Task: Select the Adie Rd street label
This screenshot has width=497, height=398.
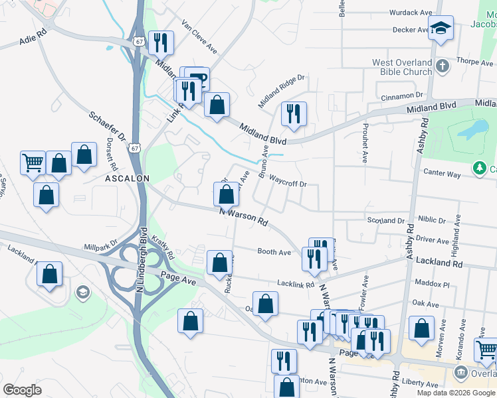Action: pos(33,40)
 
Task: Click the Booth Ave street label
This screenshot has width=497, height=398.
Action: pos(274,252)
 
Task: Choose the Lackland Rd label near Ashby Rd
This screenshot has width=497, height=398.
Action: pos(439,263)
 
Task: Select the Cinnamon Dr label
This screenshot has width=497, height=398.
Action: pos(403,96)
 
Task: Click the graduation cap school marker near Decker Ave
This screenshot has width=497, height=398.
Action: pos(440,28)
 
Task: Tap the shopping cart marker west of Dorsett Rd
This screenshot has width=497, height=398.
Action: pos(33,161)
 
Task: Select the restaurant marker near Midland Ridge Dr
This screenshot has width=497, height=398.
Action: pos(293,113)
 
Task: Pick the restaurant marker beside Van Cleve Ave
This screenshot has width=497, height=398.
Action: pos(160,42)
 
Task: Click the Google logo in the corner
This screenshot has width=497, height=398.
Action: pos(22,390)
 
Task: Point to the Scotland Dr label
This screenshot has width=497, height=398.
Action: pos(386,220)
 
